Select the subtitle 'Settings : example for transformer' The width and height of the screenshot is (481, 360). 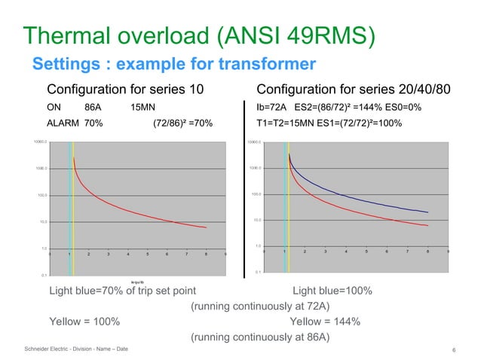tap(173, 63)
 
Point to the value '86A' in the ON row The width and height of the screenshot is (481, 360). tap(93, 107)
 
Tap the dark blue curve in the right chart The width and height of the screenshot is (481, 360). tap(362, 198)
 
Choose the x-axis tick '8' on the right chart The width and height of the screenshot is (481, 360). tap(427, 251)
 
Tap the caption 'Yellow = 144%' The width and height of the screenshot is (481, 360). tap(325, 322)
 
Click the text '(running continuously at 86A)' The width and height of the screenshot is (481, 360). tap(260, 337)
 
